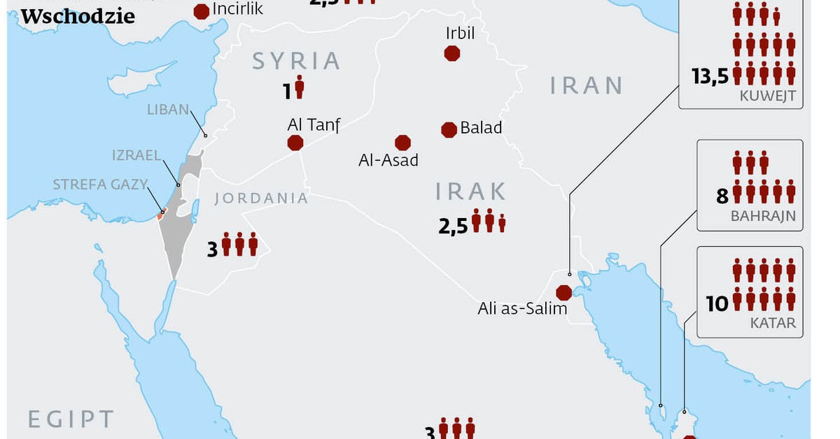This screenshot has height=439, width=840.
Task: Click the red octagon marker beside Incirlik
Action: [x=202, y=10]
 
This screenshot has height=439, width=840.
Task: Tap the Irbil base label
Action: [x=460, y=33]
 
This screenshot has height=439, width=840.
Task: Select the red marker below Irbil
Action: [x=452, y=52]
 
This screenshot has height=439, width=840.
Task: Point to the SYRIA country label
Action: [x=296, y=61]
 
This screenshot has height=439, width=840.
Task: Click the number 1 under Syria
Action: [x=287, y=90]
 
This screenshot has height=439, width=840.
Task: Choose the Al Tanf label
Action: [x=313, y=125]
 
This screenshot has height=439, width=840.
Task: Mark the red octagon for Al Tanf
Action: [x=295, y=143]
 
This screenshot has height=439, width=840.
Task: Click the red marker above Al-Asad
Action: [x=402, y=143]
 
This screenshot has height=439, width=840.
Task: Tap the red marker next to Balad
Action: [x=449, y=129]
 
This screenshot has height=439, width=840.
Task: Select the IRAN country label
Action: [x=586, y=85]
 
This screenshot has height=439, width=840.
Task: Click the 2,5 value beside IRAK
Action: [x=453, y=225]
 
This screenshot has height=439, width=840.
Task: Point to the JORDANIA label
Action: [x=261, y=198]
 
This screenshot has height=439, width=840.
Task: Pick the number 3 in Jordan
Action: [x=213, y=249]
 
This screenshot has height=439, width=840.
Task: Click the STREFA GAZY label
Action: [x=100, y=185]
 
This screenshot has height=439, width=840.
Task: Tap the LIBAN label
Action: [x=168, y=110]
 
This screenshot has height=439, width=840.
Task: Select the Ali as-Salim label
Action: [x=522, y=308]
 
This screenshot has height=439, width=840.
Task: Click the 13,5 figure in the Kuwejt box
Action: [x=710, y=77]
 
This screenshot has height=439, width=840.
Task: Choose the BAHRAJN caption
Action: [x=763, y=216]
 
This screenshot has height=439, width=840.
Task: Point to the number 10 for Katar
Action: [x=717, y=303]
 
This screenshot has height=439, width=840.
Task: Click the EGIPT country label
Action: [x=70, y=419]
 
